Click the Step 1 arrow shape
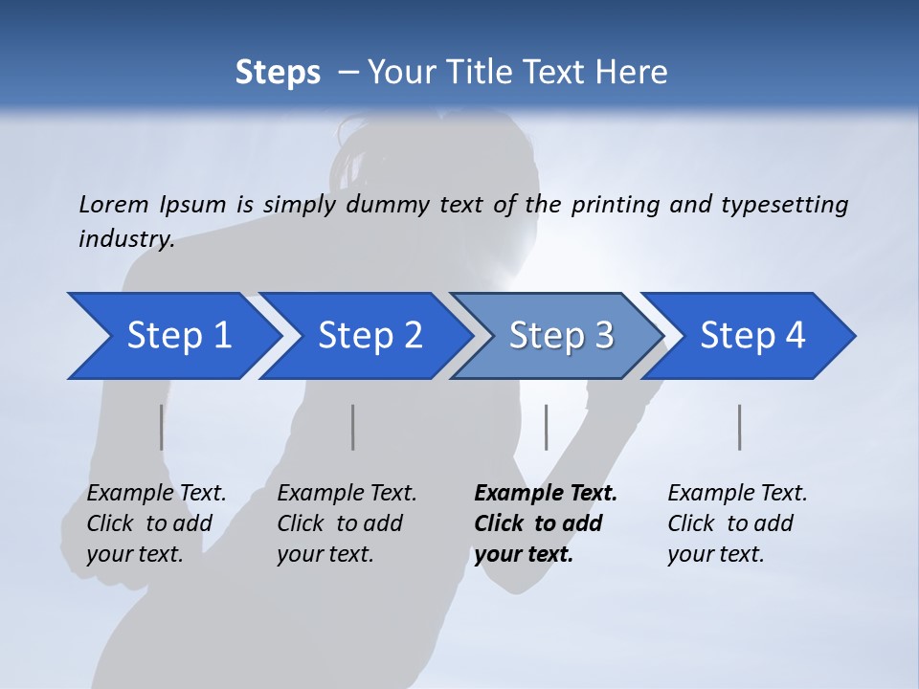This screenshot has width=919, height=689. coord(172,336)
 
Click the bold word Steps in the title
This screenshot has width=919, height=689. coord(278,73)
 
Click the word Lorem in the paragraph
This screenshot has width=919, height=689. coord(112,204)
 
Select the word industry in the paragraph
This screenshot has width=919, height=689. coord(125,239)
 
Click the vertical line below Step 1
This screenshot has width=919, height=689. coord(161,427)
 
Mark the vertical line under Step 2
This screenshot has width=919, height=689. coord(353,427)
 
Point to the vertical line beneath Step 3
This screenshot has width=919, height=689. coord(546,427)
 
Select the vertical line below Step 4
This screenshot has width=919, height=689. coord(739,427)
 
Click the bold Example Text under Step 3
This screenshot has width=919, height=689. coord(546,494)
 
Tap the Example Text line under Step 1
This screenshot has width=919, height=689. coord(156,494)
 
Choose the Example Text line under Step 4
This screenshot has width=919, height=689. coord(737,494)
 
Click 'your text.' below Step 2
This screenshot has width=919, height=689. coord(325,554)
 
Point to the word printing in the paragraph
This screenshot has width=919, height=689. coord(613,204)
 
